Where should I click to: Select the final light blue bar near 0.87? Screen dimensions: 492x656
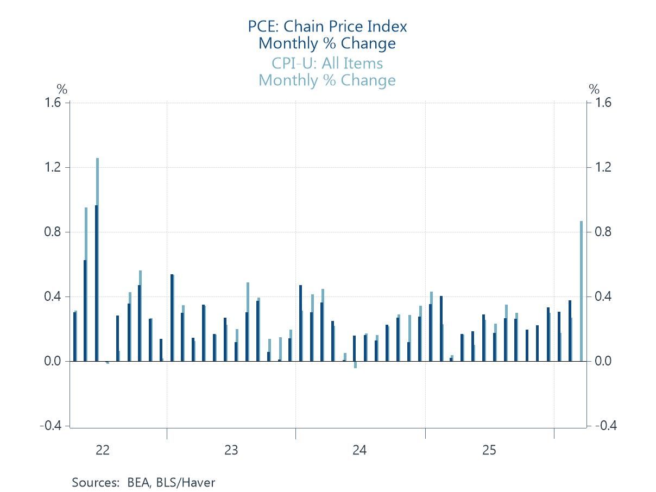click(x=581, y=291)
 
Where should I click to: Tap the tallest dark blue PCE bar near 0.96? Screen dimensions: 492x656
click(x=96, y=282)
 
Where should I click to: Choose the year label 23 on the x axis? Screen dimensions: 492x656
click(x=231, y=450)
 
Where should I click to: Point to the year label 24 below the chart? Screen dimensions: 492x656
click(x=359, y=450)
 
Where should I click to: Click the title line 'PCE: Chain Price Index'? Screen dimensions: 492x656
click(x=327, y=26)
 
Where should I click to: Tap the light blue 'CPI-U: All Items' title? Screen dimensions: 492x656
click(x=327, y=64)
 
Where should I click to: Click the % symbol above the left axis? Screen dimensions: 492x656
click(x=62, y=90)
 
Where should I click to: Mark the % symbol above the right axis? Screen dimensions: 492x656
click(x=595, y=90)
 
